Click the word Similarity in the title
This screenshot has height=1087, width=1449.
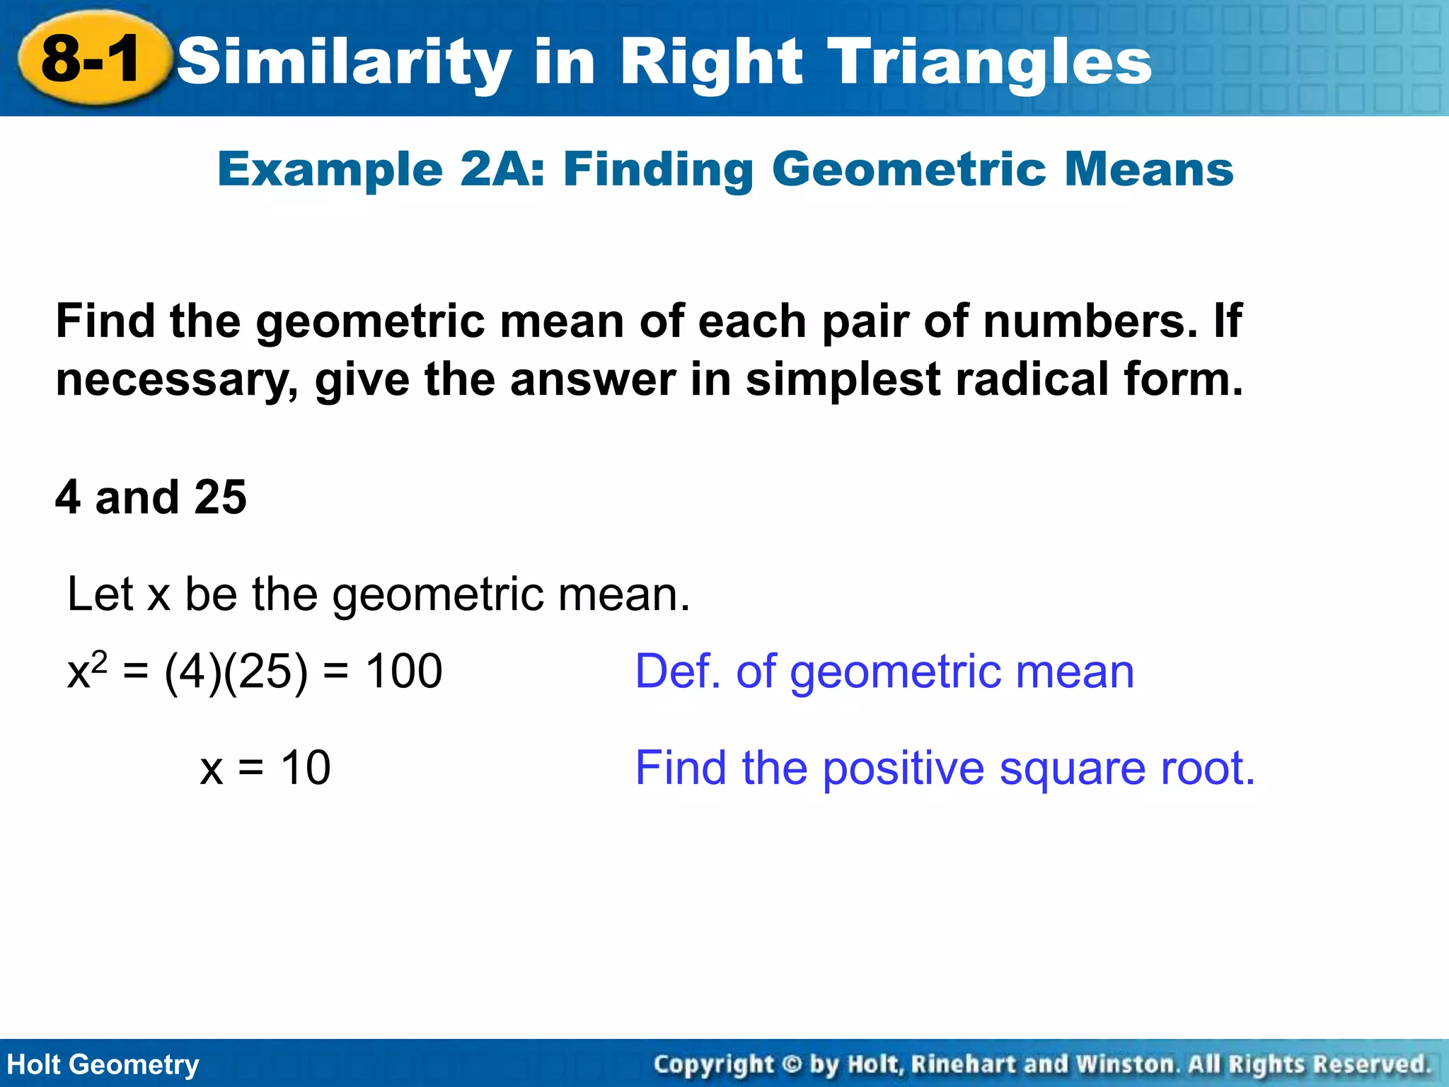tap(344, 62)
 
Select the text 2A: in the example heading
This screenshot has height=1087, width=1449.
tap(502, 170)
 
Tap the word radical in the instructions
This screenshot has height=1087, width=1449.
tap(1032, 379)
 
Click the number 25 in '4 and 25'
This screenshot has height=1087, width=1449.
tap(220, 497)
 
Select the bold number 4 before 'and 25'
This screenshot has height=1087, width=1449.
tap(68, 497)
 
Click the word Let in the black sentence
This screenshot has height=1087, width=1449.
tap(100, 594)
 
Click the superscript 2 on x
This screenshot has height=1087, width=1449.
tap(100, 660)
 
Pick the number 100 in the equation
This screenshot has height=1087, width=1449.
tap(403, 671)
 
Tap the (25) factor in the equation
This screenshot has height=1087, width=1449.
tap(265, 671)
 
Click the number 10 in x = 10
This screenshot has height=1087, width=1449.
tap(305, 768)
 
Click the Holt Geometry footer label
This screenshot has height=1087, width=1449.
tap(103, 1064)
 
